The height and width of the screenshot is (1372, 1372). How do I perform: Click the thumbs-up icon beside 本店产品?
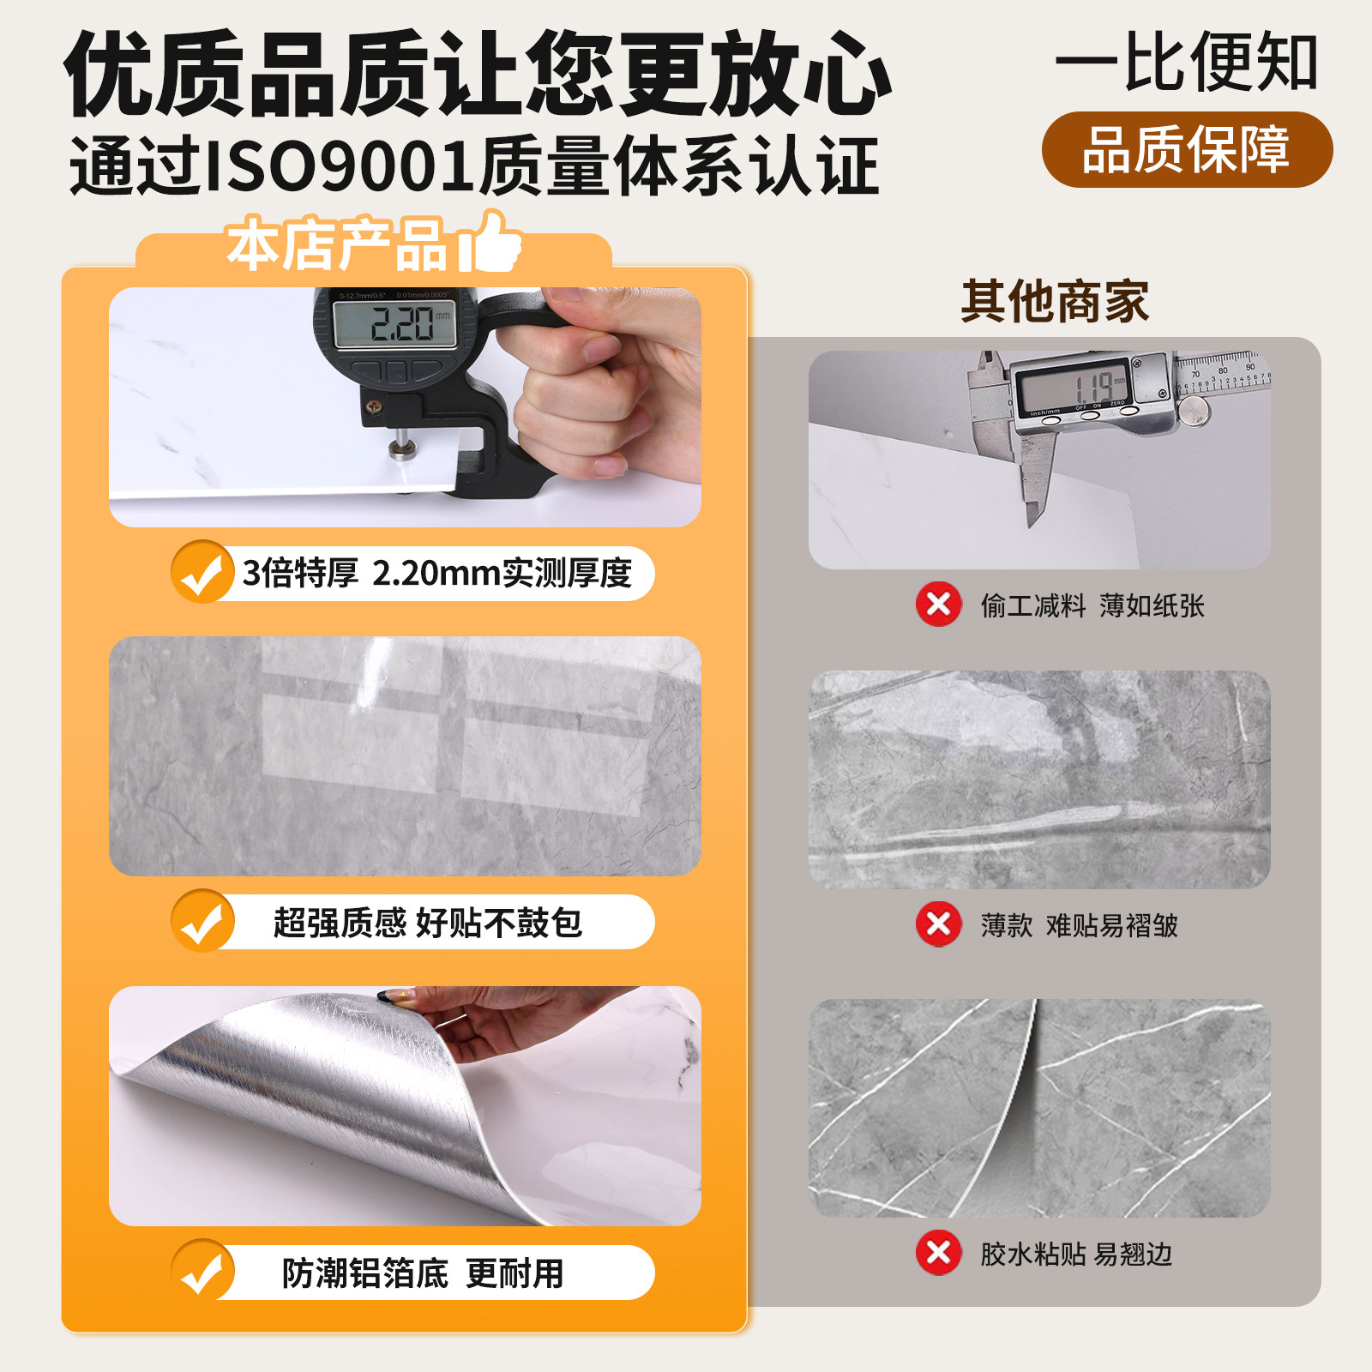(491, 243)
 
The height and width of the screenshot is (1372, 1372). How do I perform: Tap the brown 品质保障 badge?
(1187, 150)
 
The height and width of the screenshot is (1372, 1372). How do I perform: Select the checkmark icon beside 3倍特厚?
(202, 572)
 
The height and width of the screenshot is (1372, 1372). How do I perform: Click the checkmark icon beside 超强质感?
(202, 922)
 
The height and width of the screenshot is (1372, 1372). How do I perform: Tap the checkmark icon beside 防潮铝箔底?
(202, 1272)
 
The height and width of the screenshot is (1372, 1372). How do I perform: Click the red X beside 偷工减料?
(938, 605)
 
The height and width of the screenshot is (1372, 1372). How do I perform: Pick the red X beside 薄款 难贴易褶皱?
(938, 924)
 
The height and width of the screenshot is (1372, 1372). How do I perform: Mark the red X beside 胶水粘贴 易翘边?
(938, 1253)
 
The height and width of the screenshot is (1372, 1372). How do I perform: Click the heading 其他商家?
(1055, 302)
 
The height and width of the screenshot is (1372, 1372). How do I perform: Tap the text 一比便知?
(1187, 62)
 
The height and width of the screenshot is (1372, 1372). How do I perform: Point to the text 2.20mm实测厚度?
(502, 573)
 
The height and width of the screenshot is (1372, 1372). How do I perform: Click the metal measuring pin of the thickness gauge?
(399, 442)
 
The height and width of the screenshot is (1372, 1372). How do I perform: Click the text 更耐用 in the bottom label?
(514, 1273)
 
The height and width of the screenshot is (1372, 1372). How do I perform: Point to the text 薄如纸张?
(1152, 606)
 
